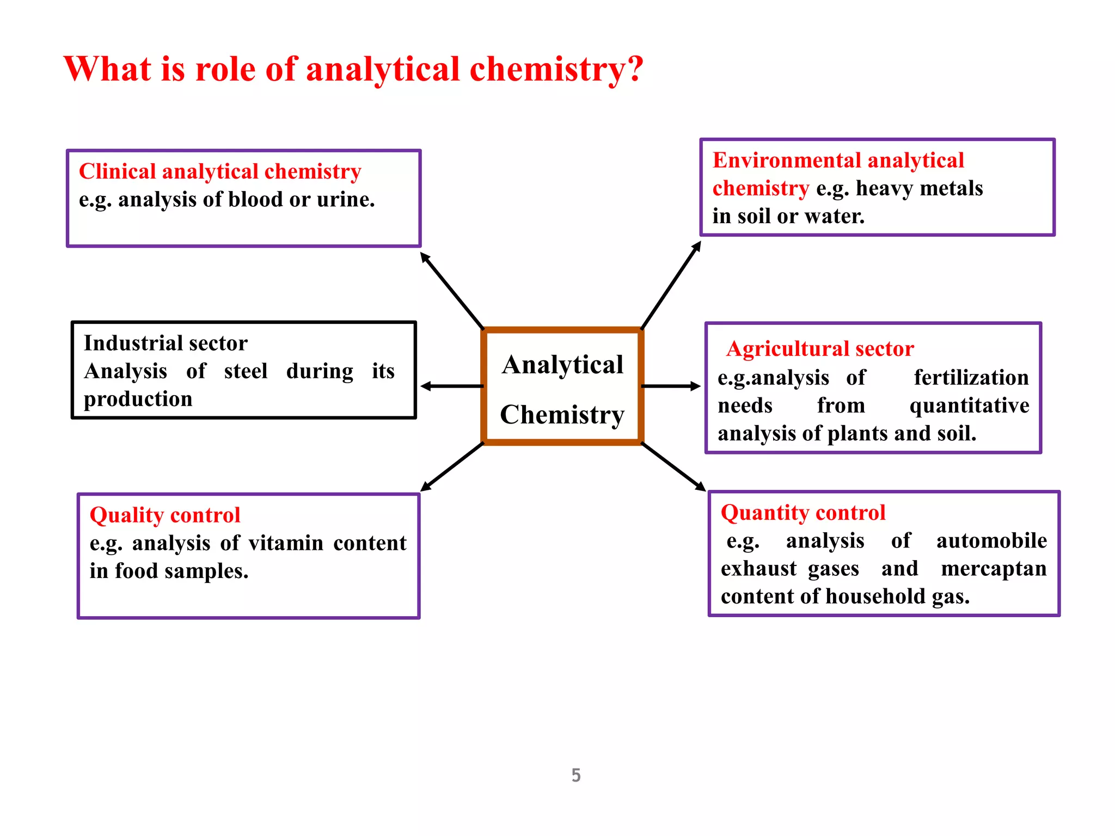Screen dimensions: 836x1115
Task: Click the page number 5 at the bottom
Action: coord(576,774)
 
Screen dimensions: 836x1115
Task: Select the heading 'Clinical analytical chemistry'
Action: coord(220,171)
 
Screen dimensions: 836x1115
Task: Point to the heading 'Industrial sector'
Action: coord(166,343)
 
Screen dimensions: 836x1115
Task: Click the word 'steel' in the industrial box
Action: coord(246,371)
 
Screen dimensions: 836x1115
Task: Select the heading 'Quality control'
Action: coord(165,515)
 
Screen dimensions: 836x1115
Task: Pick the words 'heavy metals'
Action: coord(920,188)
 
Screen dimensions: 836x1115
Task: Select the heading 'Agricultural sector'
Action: coord(820,349)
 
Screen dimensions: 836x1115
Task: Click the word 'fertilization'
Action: coord(971,378)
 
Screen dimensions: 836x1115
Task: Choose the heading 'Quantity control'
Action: coord(803,513)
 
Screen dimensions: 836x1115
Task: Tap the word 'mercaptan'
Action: coord(994,569)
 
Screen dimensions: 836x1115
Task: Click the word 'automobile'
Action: coord(991,541)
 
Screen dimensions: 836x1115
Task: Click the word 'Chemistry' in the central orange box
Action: coord(562,415)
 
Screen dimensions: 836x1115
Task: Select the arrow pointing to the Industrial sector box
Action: coord(452,386)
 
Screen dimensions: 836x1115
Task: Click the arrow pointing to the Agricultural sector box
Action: coord(671,386)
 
